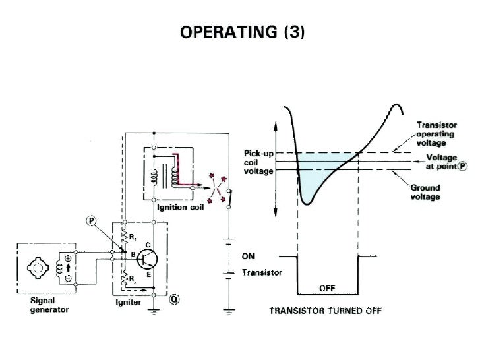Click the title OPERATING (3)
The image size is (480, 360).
pyautogui.click(x=240, y=32)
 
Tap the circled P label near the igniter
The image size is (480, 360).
pyautogui.click(x=90, y=220)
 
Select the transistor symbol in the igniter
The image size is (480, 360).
pyautogui.click(x=148, y=257)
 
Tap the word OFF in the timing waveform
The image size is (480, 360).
pyautogui.click(x=328, y=288)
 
